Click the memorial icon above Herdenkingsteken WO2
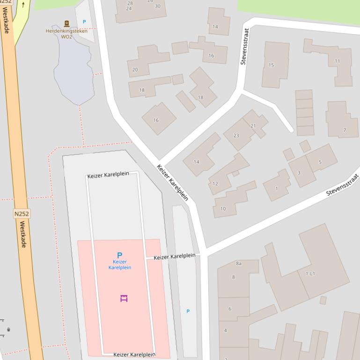66,23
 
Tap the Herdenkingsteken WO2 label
66,34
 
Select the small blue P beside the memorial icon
84,22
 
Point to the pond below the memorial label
73,70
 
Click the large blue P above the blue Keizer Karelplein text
119,255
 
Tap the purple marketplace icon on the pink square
124,298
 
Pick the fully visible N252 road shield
22,214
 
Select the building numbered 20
135,70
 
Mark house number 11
337,61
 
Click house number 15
271,65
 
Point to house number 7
345,130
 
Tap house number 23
236,136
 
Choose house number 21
253,126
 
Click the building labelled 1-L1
310,274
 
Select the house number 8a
239,264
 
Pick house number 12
215,184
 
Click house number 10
223,209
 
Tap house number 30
157,6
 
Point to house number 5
320,162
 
